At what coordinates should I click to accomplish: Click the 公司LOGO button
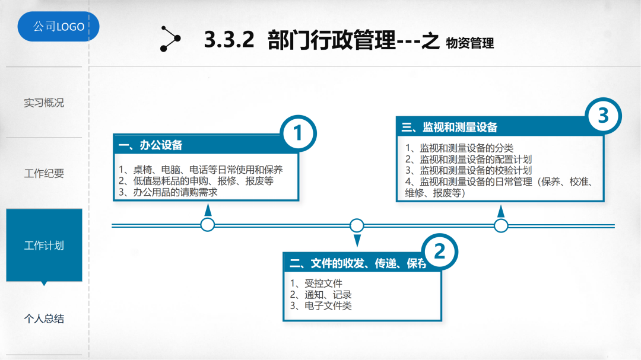[58, 27]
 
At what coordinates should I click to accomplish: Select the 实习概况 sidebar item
[44, 103]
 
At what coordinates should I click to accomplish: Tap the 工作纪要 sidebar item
[44, 174]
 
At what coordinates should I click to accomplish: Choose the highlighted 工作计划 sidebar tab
[44, 245]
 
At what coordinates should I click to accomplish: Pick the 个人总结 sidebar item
[44, 319]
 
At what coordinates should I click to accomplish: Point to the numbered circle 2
[439, 253]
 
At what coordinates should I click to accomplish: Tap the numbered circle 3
[603, 116]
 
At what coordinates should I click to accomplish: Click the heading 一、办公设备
[151, 145]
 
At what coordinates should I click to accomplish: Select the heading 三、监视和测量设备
[450, 127]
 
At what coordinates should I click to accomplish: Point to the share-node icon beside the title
[170, 39]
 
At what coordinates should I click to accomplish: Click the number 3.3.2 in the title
[229, 41]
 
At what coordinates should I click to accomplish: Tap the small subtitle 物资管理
[469, 43]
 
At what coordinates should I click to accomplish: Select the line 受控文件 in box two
[323, 283]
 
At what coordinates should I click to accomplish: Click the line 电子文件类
[328, 305]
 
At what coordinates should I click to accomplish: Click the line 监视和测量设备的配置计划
[475, 159]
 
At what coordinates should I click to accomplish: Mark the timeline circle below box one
[208, 225]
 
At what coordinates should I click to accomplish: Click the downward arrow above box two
[357, 240]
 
